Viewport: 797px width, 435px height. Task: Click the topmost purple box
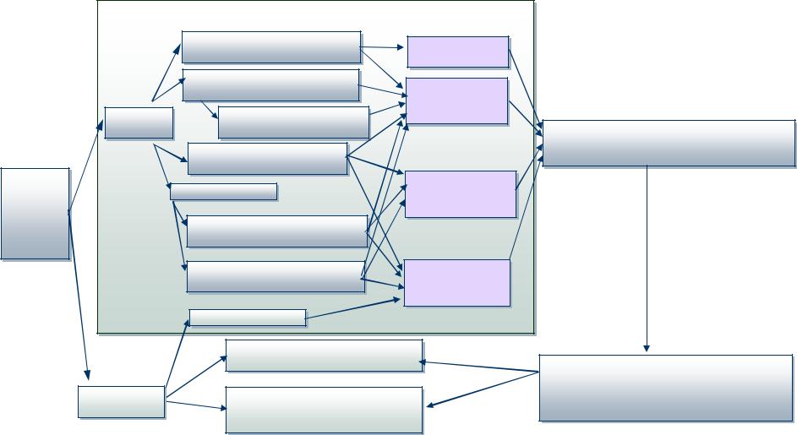[457, 52]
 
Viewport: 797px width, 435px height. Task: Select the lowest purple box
[456, 282]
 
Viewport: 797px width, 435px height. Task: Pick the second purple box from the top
[456, 101]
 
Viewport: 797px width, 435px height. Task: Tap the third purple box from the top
[460, 193]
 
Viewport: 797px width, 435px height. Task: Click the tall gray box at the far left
[35, 213]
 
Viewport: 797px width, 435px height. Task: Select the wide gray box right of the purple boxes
[668, 143]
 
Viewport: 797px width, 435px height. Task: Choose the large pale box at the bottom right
[665, 387]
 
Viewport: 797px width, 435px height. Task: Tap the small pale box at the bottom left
[121, 401]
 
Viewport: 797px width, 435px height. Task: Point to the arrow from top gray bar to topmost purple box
[384, 49]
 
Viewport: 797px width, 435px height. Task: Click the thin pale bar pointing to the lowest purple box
[247, 318]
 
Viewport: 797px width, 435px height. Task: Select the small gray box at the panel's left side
[139, 123]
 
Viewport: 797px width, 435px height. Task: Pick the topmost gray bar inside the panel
[270, 47]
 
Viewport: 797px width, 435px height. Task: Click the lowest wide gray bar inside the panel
[275, 276]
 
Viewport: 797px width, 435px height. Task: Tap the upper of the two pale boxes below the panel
[324, 356]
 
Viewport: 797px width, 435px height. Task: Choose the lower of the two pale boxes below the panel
[324, 409]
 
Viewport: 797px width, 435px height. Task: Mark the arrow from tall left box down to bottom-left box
[79, 296]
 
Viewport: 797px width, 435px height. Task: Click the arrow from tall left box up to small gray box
[85, 166]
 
